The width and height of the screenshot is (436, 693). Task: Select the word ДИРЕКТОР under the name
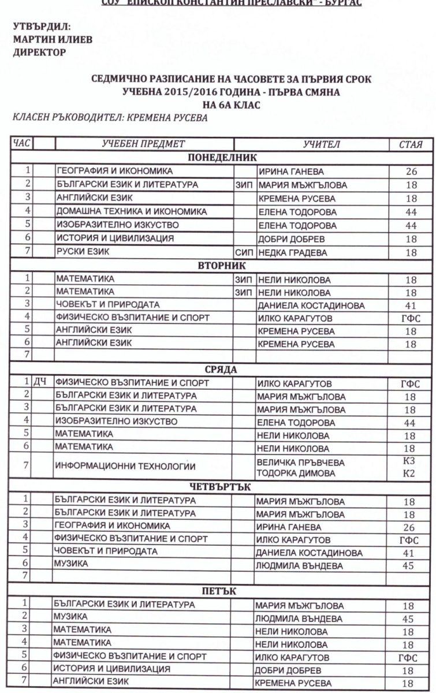pos(39,53)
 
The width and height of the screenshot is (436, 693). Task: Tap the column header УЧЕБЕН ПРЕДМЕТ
pos(143,144)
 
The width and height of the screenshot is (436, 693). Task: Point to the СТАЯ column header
pos(411,144)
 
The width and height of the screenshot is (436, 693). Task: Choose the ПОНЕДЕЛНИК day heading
pos(222,158)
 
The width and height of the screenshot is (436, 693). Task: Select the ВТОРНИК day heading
pos(222,266)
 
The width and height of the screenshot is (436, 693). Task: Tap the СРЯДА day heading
pos(222,369)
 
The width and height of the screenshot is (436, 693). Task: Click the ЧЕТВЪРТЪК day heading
pos(222,487)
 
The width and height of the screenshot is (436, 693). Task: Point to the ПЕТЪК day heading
pos(222,591)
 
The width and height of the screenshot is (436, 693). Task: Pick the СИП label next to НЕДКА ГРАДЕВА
pos(244,252)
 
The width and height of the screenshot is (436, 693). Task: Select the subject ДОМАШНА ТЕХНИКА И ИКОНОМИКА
pos(131,211)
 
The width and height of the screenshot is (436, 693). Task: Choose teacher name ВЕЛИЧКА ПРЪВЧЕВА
pos(301,462)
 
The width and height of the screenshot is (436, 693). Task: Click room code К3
pos(409,461)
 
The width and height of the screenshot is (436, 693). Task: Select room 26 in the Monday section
pos(411,172)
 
